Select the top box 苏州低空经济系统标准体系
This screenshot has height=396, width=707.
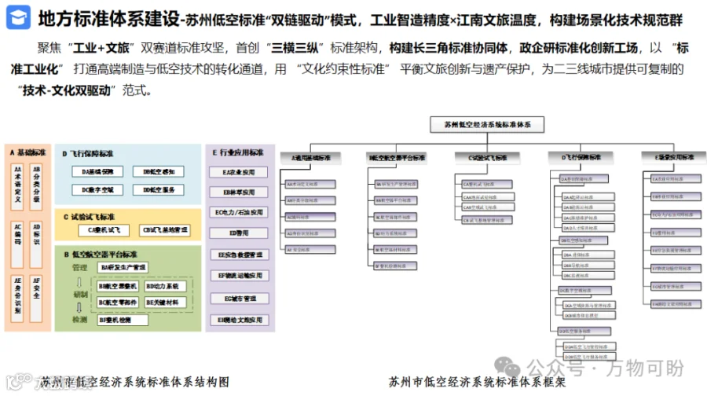(486, 124)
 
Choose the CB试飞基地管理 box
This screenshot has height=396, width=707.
(164, 230)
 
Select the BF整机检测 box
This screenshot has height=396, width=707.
(120, 320)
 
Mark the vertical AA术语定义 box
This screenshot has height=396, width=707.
(17, 182)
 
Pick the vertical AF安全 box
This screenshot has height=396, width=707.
(36, 290)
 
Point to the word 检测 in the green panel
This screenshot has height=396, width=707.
(79, 320)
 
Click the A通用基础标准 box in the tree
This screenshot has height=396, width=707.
(310, 157)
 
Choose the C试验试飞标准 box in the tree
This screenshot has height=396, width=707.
(482, 157)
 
